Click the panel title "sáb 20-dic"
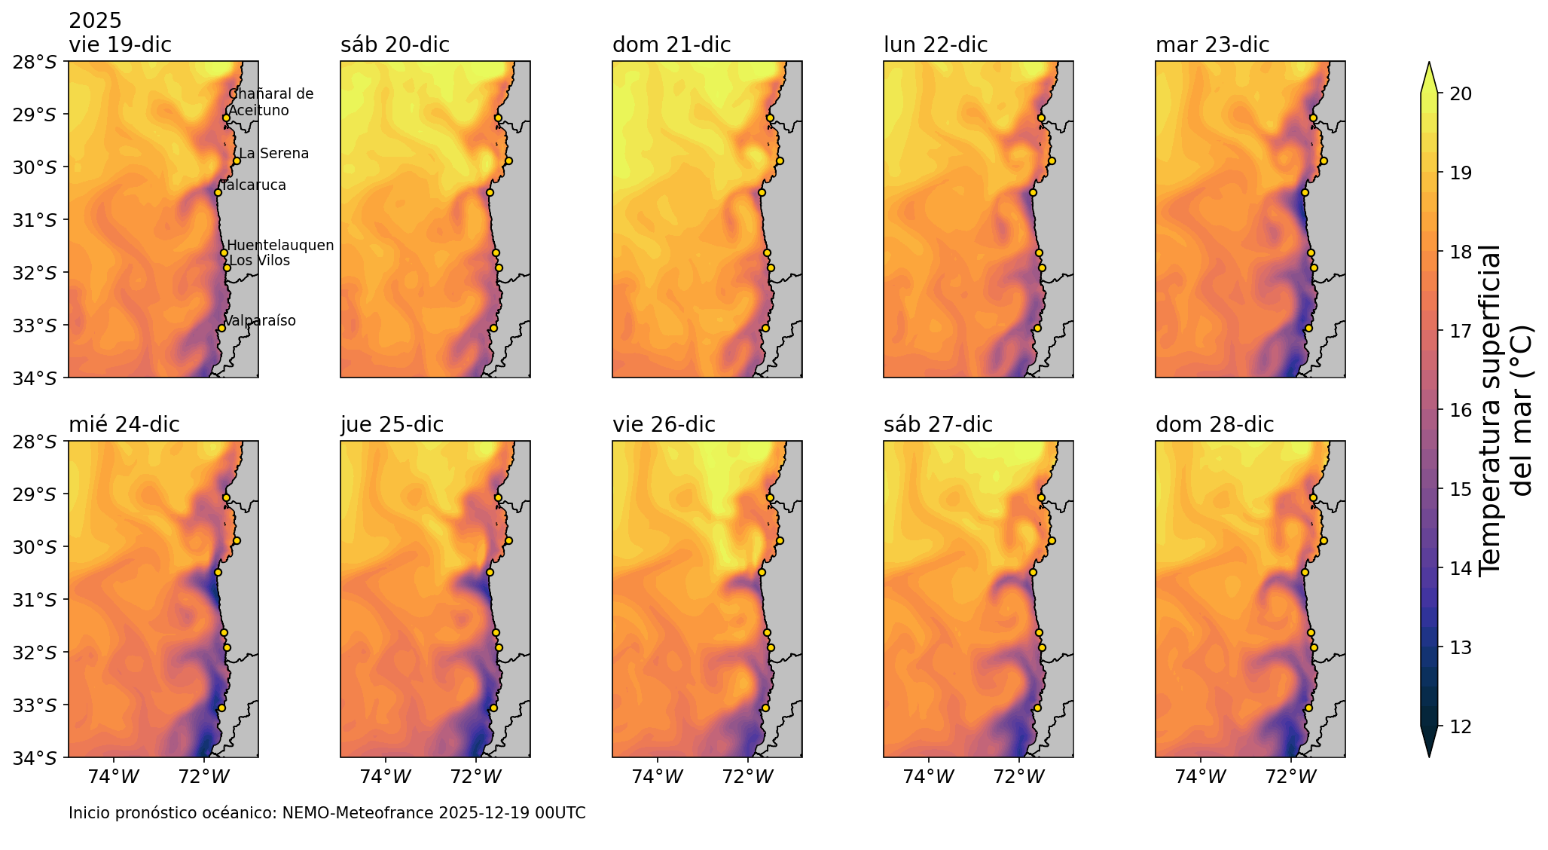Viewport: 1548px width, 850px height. (395, 45)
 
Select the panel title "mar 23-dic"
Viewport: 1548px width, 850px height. (1212, 45)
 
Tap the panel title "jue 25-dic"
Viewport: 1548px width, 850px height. (392, 425)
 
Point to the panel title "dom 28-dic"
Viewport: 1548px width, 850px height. (1214, 425)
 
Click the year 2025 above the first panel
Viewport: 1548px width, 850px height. (95, 21)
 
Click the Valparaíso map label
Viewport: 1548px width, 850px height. (261, 321)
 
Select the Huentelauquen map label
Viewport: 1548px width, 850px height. (280, 246)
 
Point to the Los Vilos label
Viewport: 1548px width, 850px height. (259, 261)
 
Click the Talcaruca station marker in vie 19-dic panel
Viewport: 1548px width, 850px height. (218, 192)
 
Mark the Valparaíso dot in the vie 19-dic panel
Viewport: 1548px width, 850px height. (221, 328)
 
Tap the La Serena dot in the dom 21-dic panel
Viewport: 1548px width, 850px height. (780, 161)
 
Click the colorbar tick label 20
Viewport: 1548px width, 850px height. (1455, 93)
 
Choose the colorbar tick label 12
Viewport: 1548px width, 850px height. (1455, 726)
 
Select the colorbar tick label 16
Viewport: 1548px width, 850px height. (1455, 410)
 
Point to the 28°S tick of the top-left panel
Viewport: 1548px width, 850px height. (35, 62)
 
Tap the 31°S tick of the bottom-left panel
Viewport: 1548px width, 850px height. (35, 600)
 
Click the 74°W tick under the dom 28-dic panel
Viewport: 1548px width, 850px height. (1201, 776)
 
